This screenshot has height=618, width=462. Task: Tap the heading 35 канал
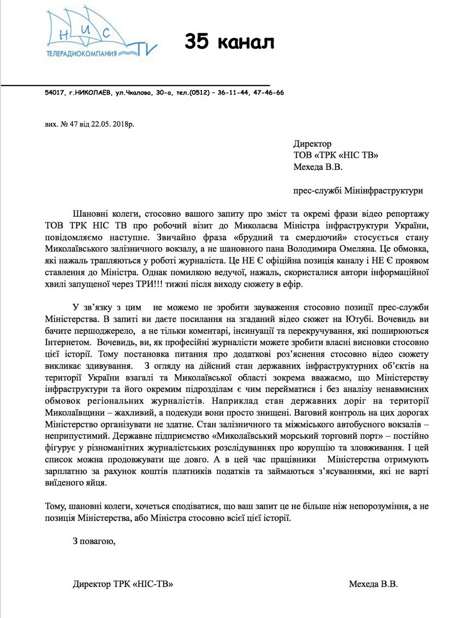(x=229, y=42)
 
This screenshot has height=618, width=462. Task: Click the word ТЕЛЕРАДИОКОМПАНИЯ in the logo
(x=82, y=53)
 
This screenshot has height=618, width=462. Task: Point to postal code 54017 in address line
(x=54, y=93)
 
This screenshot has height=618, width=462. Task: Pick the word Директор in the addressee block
(x=312, y=143)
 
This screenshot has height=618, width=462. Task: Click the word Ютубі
(x=357, y=319)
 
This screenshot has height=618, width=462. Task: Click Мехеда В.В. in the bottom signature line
(x=374, y=584)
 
